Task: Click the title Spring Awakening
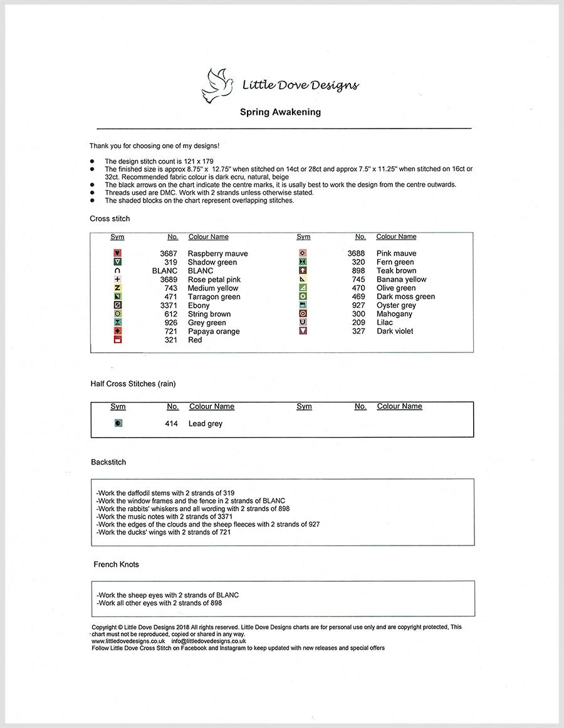click(280, 112)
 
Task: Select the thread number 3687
click(169, 254)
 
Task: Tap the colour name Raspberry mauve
click(217, 254)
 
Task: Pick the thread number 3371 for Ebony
click(169, 306)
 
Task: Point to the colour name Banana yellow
click(401, 280)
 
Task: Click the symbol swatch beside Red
click(117, 340)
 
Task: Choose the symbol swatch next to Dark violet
click(303, 331)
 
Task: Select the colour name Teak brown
click(396, 271)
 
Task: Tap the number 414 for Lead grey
click(171, 424)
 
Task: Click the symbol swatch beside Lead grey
click(118, 424)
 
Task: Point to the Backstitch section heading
click(108, 462)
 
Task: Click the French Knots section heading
click(116, 564)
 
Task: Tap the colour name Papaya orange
click(214, 332)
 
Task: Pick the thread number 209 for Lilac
click(358, 323)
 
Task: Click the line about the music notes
click(164, 517)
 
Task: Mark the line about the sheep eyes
click(167, 595)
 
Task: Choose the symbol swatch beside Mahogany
click(303, 314)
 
